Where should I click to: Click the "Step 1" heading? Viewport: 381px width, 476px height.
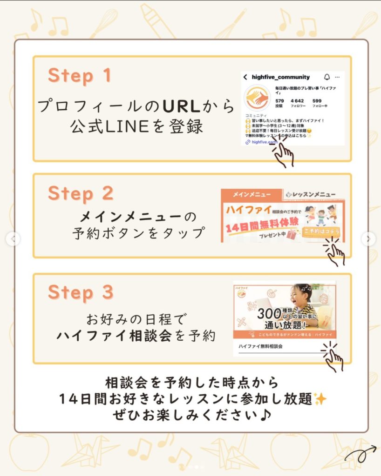(x=80, y=75)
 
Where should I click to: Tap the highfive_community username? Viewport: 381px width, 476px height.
(x=280, y=77)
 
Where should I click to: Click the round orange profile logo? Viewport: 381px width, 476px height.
(x=258, y=98)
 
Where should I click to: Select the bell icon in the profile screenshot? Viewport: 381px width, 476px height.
(x=327, y=77)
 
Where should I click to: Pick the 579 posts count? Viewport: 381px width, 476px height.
(x=279, y=101)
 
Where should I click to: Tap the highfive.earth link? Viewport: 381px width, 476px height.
(x=265, y=142)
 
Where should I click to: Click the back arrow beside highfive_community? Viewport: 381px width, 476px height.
(x=245, y=77)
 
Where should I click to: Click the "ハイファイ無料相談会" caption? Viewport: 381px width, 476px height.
(x=261, y=347)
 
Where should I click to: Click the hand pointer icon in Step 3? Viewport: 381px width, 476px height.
(x=333, y=358)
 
